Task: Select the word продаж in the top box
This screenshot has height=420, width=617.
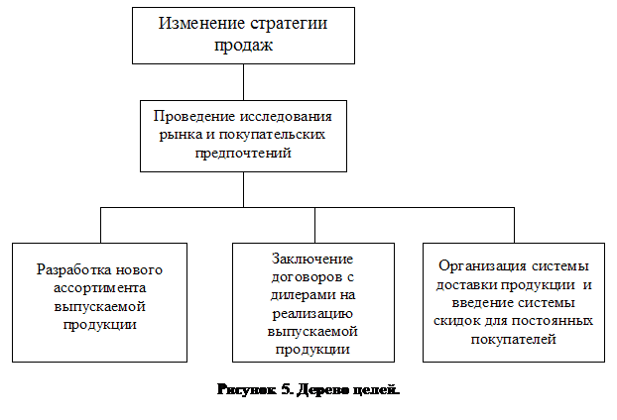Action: tap(243, 46)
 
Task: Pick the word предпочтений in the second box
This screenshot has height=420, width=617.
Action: tap(244, 153)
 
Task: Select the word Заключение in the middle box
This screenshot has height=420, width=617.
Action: tap(312, 259)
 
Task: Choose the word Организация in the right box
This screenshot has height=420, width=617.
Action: tap(477, 266)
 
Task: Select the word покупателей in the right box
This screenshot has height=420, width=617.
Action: tap(514, 340)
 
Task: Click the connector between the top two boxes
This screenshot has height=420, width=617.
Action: tap(243, 80)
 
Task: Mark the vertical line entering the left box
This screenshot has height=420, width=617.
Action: tap(100, 225)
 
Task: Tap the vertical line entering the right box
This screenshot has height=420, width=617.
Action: tap(514, 225)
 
